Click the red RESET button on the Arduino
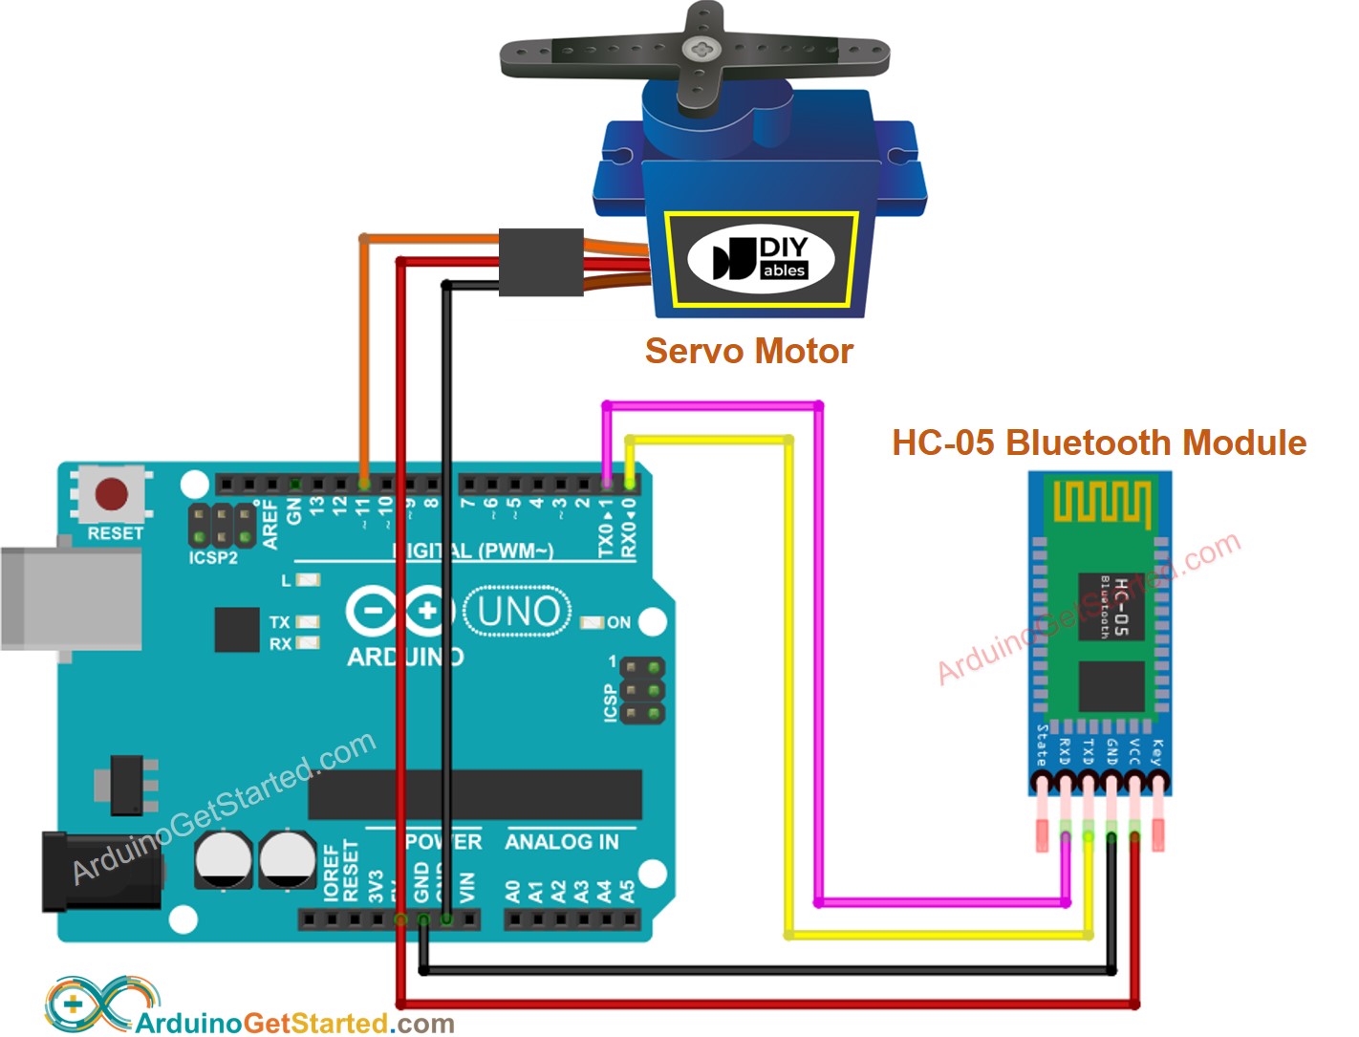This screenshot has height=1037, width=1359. point(112,494)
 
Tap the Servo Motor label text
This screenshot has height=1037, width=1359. point(748,351)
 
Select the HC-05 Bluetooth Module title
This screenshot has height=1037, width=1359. point(1098,443)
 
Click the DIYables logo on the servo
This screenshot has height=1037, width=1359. point(761,259)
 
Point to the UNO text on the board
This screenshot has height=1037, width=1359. point(517,612)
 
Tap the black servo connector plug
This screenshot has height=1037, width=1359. point(541,262)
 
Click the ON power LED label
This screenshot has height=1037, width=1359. point(618,622)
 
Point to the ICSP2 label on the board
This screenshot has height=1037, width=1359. point(213,557)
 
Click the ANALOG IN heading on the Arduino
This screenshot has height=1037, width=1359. point(562,842)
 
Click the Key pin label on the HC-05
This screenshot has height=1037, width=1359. point(1157,752)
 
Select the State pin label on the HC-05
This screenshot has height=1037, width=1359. point(1042,745)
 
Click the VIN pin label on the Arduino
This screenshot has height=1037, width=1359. point(467,887)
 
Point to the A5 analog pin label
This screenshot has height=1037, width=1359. point(627,892)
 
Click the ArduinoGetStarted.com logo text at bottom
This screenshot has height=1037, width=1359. point(294,1023)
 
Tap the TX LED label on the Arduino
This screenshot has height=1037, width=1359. point(279,622)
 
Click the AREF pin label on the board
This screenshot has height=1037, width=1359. point(270,525)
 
